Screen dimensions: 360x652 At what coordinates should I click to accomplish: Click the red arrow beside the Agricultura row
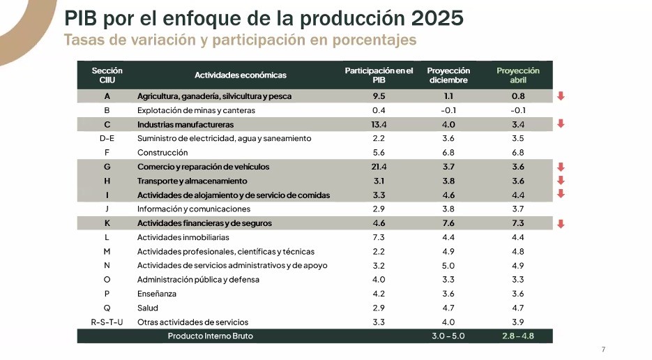tap(561, 96)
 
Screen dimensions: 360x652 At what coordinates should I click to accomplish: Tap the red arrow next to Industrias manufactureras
tap(561, 124)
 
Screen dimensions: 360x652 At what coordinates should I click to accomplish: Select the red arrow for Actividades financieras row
tap(561, 224)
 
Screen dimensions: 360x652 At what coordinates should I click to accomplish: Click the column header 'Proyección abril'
tap(518, 75)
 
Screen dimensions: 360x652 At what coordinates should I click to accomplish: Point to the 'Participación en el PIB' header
tap(379, 75)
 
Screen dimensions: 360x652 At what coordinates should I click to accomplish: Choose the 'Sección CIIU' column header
tap(107, 75)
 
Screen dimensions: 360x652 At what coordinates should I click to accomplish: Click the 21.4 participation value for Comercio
tap(379, 167)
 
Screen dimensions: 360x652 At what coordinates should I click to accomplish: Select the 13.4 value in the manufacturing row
tap(379, 125)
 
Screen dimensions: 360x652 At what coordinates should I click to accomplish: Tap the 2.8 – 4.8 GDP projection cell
tap(518, 336)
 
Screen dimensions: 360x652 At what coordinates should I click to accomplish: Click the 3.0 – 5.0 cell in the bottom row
tap(448, 336)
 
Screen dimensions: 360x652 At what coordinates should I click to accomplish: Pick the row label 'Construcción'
tap(162, 153)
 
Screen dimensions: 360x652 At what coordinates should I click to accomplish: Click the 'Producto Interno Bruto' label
tap(210, 336)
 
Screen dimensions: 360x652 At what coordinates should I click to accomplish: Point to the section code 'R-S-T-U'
tap(107, 322)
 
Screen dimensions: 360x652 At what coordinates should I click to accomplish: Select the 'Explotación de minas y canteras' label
tap(196, 110)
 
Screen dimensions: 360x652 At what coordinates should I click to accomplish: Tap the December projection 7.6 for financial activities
tap(448, 224)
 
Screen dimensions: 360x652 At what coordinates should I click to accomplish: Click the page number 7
tap(603, 349)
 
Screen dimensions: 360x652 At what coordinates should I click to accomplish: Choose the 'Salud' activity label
tap(148, 308)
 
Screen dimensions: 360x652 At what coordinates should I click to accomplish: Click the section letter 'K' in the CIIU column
tap(107, 224)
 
